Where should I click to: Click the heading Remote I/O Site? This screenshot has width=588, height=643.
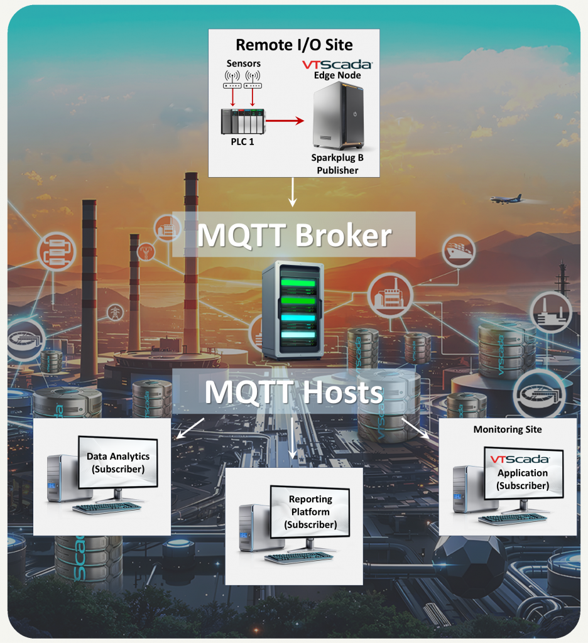point(294,45)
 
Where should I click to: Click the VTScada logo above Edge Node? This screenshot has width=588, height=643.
point(338,65)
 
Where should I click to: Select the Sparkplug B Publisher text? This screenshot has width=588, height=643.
point(337,163)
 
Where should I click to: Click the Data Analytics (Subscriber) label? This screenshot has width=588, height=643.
point(119,462)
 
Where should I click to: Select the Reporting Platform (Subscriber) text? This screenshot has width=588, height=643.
point(310,512)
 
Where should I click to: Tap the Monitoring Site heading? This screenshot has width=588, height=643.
point(507,430)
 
